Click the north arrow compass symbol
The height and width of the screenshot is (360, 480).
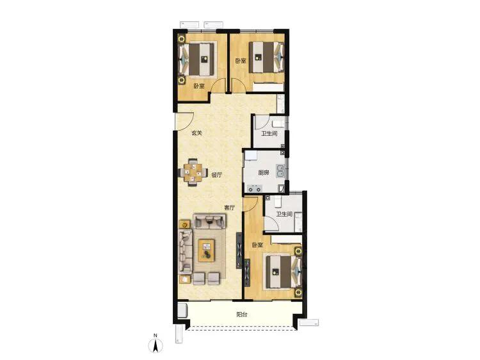pyautogui.click(x=156, y=344)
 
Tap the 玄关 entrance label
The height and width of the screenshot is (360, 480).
pyautogui.click(x=197, y=133)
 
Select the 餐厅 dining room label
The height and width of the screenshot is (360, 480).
pyautogui.click(x=217, y=175)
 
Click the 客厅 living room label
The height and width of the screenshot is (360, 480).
pyautogui.click(x=229, y=208)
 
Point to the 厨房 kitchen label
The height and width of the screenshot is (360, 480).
pyautogui.click(x=264, y=173)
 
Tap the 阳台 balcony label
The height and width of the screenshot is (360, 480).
pyautogui.click(x=242, y=315)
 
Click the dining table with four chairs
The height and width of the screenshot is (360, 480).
pyautogui.click(x=193, y=172)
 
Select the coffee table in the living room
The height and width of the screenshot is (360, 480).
pyautogui.click(x=206, y=250)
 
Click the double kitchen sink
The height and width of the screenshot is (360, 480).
pyautogui.click(x=280, y=171)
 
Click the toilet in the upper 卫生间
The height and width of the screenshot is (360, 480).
pyautogui.click(x=278, y=123)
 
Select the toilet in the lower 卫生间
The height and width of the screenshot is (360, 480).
pyautogui.click(x=277, y=202)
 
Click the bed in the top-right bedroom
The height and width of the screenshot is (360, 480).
pyautogui.click(x=266, y=57)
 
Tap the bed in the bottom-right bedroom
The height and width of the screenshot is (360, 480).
pyautogui.click(x=283, y=272)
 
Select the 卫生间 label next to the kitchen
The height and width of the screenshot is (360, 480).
pyautogui.click(x=269, y=134)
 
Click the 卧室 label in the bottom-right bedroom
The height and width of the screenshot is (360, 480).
pyautogui.click(x=257, y=245)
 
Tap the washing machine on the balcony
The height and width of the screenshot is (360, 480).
pyautogui.click(x=182, y=310)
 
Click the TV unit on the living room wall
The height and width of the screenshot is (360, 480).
pyautogui.click(x=239, y=250)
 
